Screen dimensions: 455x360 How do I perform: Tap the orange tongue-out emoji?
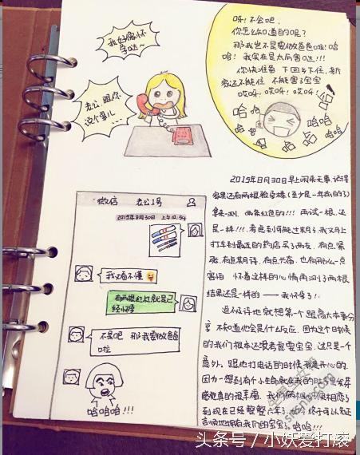click(x=151, y=276)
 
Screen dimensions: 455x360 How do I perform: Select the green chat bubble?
click(x=144, y=303)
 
